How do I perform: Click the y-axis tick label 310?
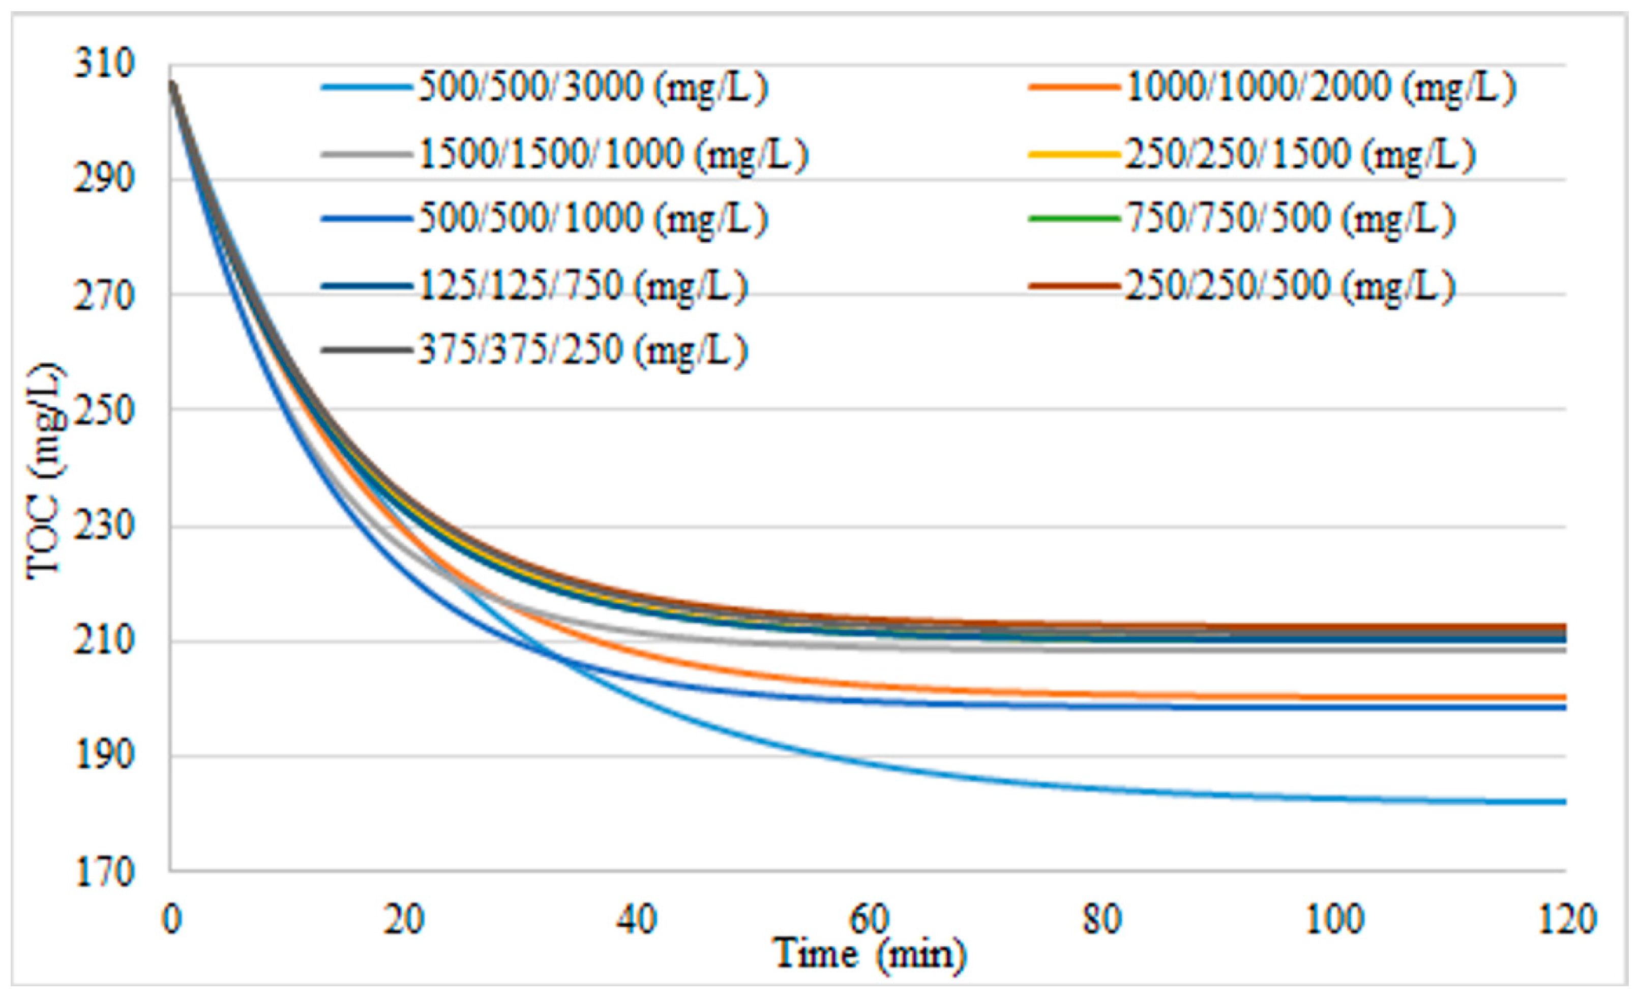[x=104, y=65]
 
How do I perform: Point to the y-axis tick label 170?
[x=104, y=872]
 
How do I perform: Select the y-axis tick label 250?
[x=104, y=411]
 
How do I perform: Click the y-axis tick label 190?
[x=104, y=756]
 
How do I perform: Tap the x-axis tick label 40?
[x=637, y=919]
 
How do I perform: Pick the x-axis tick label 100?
[x=1334, y=919]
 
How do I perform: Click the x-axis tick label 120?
[x=1567, y=919]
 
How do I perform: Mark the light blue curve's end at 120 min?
[x=1565, y=802]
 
